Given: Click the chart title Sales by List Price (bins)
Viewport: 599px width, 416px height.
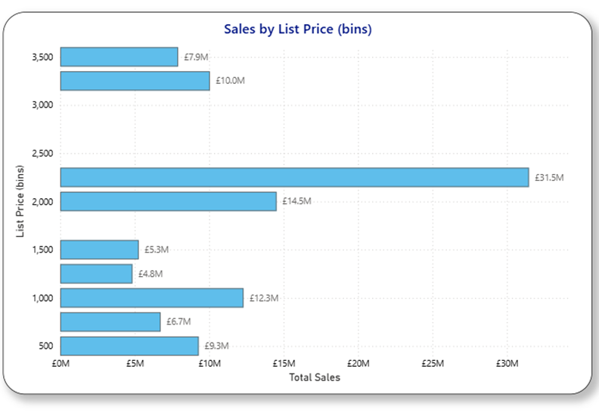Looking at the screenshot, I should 298,29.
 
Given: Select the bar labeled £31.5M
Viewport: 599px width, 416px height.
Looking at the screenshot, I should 294,177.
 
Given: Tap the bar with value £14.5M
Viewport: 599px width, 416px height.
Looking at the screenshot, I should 168,201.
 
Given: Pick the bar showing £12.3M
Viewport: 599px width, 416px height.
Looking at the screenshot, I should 151,298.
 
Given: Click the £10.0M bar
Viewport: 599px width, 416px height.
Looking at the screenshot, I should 135,81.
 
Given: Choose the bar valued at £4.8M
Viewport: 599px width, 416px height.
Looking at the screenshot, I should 96,274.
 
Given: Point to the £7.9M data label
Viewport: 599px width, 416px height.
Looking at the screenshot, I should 196,57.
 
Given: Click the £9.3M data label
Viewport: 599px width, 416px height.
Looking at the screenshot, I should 216,346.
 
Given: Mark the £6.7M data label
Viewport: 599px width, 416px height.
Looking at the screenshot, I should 178,322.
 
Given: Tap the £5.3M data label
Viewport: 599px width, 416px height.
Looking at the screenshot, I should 157,250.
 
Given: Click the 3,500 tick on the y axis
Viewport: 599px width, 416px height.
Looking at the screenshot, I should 42,57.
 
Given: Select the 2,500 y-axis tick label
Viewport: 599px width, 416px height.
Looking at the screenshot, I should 42,154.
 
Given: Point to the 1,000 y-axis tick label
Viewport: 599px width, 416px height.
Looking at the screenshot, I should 42,298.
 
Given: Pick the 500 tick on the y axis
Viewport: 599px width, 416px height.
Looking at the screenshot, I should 46,346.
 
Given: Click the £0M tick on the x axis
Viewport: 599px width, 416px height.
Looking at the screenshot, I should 61,364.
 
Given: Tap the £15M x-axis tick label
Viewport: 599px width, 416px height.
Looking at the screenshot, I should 284,364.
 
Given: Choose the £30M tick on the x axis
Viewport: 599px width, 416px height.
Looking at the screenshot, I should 507,364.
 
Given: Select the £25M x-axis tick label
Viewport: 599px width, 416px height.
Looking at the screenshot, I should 433,364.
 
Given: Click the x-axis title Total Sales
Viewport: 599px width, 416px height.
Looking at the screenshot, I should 315,377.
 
